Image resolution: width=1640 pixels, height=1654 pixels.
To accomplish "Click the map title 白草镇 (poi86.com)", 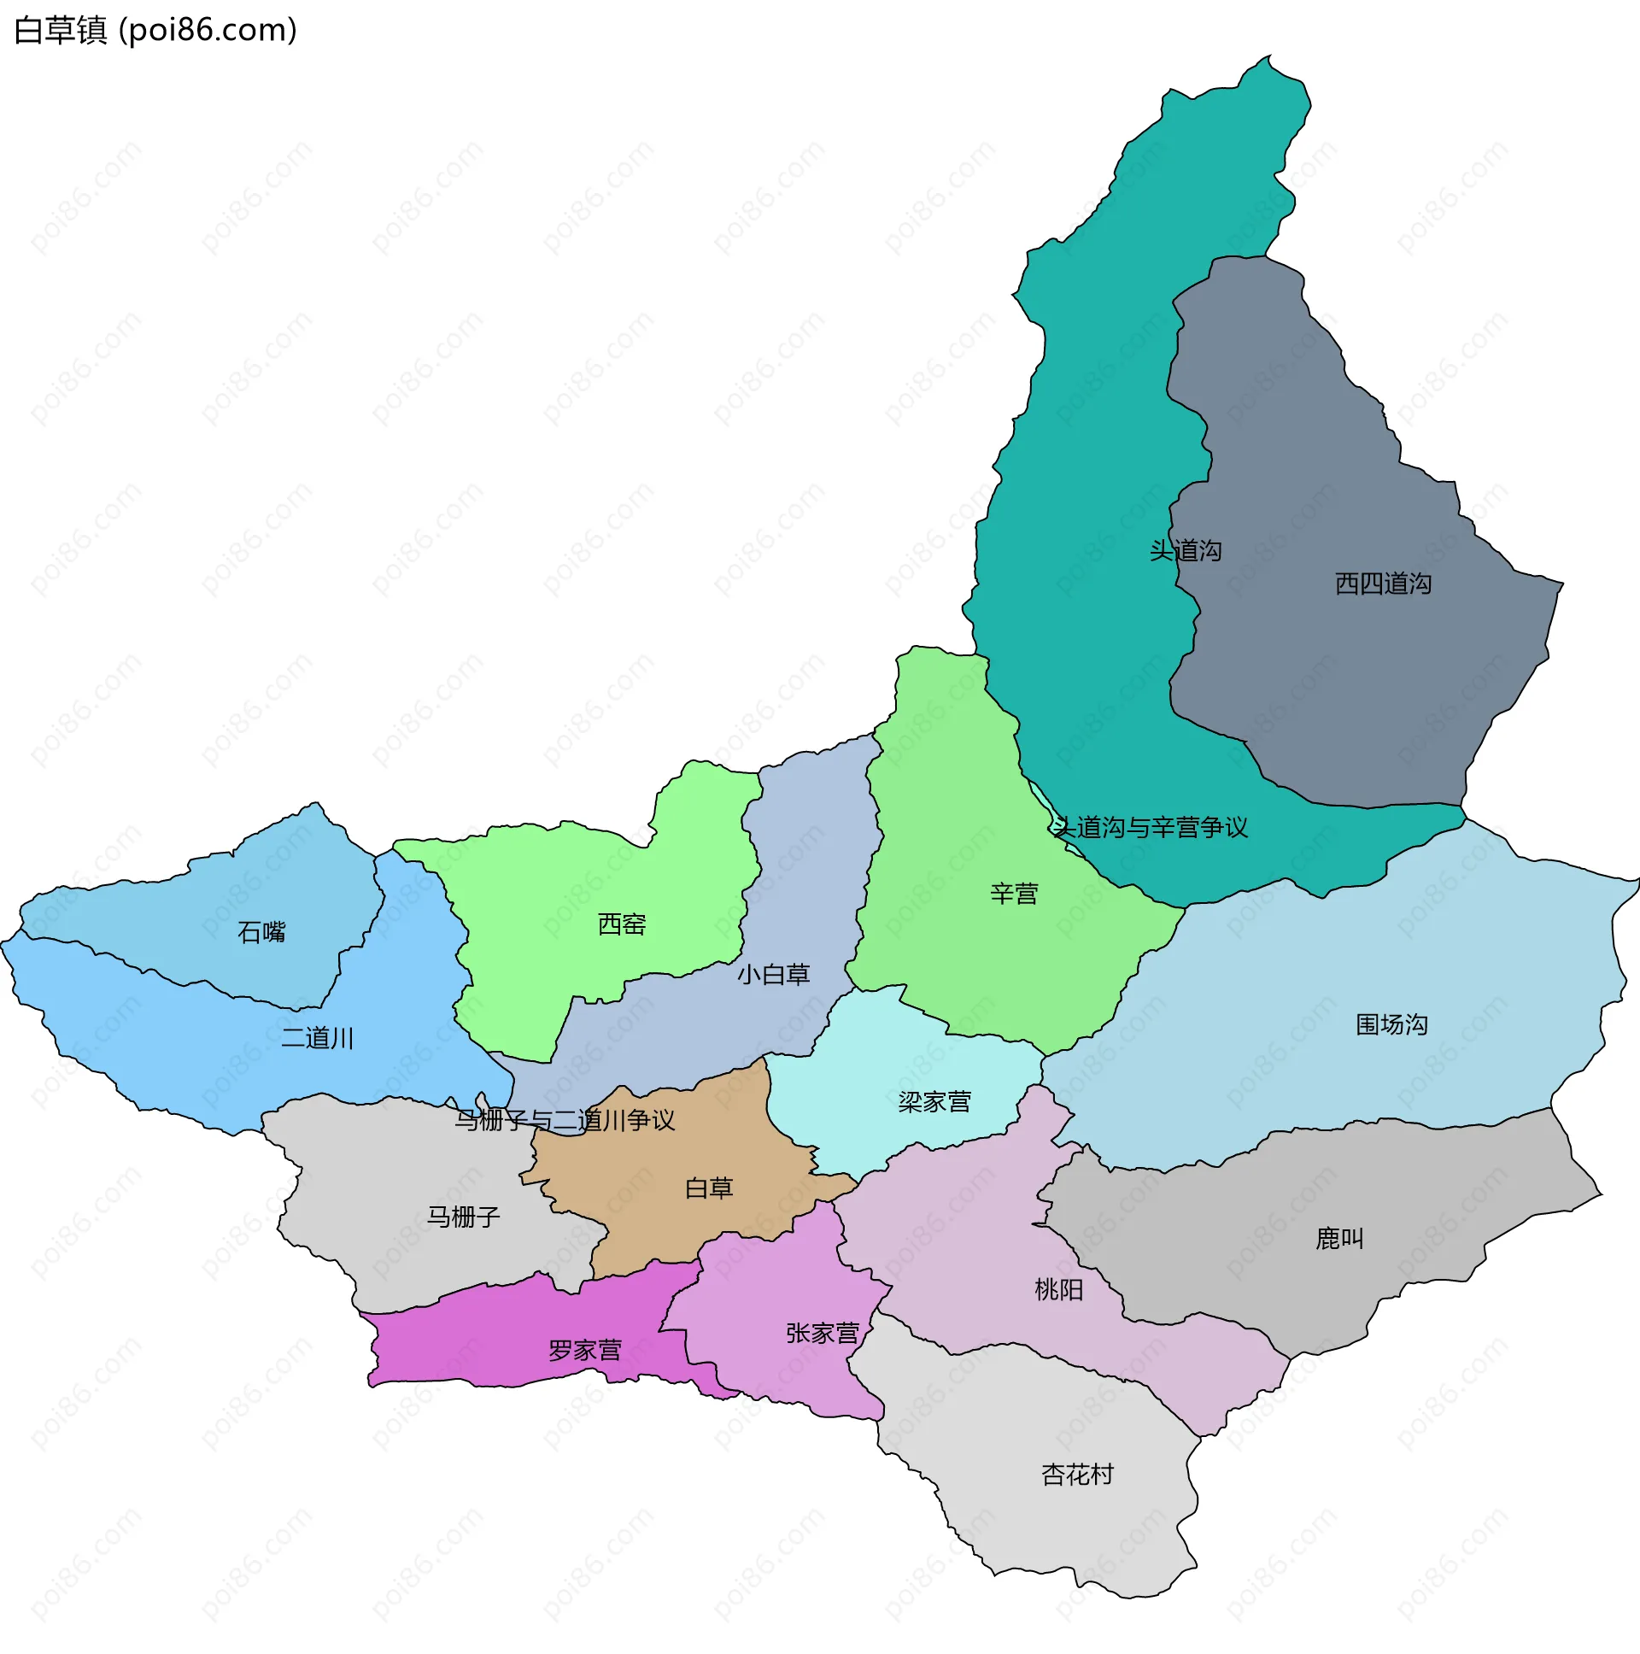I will (155, 31).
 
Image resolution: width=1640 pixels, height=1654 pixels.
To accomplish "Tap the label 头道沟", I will (1185, 550).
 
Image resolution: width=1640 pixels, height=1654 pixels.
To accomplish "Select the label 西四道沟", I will (1382, 584).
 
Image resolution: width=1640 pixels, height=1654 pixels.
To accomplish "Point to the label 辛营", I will (1013, 894).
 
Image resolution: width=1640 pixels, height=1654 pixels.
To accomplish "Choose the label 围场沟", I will (1391, 1024).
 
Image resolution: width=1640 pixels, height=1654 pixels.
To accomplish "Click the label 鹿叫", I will (1338, 1239).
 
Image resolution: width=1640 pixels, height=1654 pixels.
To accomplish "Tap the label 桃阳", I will (1059, 1289).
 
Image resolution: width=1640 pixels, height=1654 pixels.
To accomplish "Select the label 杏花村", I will (1077, 1475).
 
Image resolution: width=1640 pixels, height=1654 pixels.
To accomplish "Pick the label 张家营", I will (822, 1334).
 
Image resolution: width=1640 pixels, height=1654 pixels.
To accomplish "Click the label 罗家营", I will (584, 1351).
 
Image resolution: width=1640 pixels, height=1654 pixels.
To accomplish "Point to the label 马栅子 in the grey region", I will (463, 1217).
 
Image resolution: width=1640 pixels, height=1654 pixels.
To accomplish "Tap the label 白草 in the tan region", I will (709, 1188).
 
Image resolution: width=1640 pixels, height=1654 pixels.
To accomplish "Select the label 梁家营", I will (934, 1102).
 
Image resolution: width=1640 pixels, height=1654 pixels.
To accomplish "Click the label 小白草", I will (773, 974).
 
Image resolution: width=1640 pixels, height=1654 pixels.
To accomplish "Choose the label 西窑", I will (622, 924).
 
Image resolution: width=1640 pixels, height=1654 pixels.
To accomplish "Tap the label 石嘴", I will (261, 932).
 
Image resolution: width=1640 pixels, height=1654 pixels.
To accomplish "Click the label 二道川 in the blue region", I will (317, 1039).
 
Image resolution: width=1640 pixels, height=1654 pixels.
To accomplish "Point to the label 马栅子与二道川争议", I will (564, 1120).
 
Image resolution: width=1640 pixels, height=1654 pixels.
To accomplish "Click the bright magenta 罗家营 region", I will (479, 1335).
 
